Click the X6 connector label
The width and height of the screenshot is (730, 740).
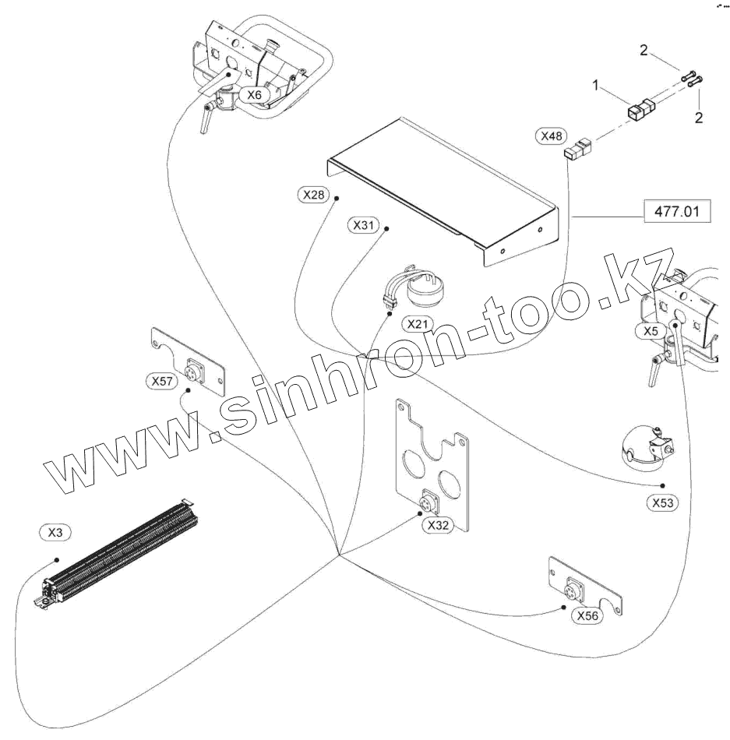coord(254,94)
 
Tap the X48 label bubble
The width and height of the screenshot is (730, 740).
coord(552,136)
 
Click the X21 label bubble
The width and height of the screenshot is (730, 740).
coord(417,322)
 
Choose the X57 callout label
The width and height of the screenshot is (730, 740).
coord(163,381)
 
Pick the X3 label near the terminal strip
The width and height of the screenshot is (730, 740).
coord(55,533)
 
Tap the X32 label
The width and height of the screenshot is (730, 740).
coord(439,525)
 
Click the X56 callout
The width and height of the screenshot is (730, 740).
coord(588,615)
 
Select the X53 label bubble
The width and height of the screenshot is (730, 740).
coord(663,503)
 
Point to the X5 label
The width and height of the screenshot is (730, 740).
coord(651,331)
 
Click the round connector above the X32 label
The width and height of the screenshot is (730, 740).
coord(428,501)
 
